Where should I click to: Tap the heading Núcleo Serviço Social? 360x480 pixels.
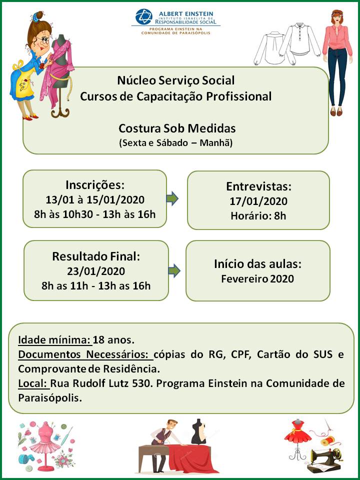[175, 80]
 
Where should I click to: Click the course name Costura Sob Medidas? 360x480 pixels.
[176, 128]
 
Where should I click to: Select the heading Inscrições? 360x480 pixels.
[95, 184]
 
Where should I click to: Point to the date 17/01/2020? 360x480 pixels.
[258, 201]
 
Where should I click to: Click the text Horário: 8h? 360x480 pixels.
[258, 216]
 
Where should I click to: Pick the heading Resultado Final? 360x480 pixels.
[96, 257]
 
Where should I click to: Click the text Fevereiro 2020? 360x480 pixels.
[257, 278]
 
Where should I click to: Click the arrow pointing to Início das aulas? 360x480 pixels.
[174, 271]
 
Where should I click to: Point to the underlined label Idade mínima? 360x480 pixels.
[55, 340]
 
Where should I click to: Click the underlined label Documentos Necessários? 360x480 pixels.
[85, 355]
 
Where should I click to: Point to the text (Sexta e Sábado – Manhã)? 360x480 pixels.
[176, 142]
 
